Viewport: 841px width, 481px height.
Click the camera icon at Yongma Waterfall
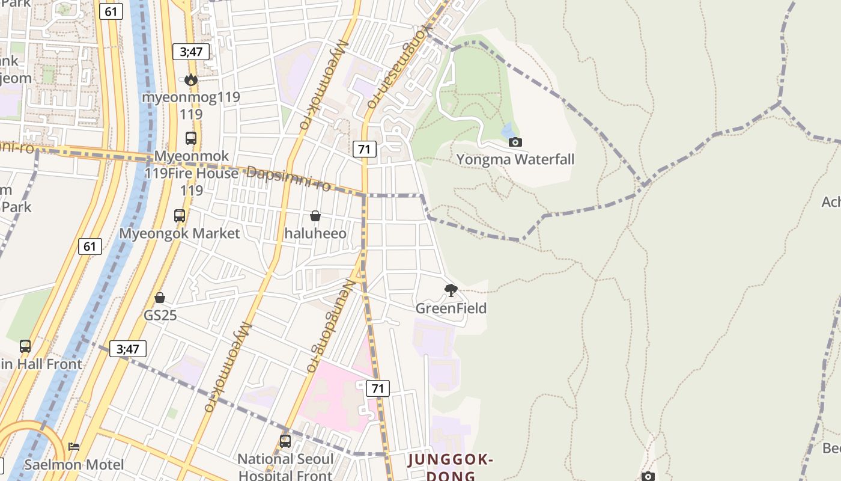[x=515, y=142]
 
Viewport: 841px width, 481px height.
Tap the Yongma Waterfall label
[x=515, y=159]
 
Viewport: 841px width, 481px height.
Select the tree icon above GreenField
[x=451, y=291]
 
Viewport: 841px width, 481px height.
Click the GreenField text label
[x=451, y=308]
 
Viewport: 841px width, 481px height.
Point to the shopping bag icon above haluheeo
[x=315, y=216]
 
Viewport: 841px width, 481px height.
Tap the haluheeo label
[x=315, y=233]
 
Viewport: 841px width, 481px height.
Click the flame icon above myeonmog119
[x=191, y=79]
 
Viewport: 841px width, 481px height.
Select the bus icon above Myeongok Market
[x=179, y=216]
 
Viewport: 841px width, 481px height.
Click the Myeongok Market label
[x=180, y=233]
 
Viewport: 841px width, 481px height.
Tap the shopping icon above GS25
[x=160, y=298]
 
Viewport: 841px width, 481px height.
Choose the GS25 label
[x=160, y=315]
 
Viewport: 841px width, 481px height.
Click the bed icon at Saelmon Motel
[x=74, y=447]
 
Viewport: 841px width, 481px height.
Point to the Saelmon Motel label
[x=74, y=464]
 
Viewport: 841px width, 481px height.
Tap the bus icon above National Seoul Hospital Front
[x=285, y=441]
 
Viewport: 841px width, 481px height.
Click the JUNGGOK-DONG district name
[x=451, y=468]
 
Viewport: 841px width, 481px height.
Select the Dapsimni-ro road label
[x=288, y=178]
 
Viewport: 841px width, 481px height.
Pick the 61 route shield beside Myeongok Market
[x=90, y=246]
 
